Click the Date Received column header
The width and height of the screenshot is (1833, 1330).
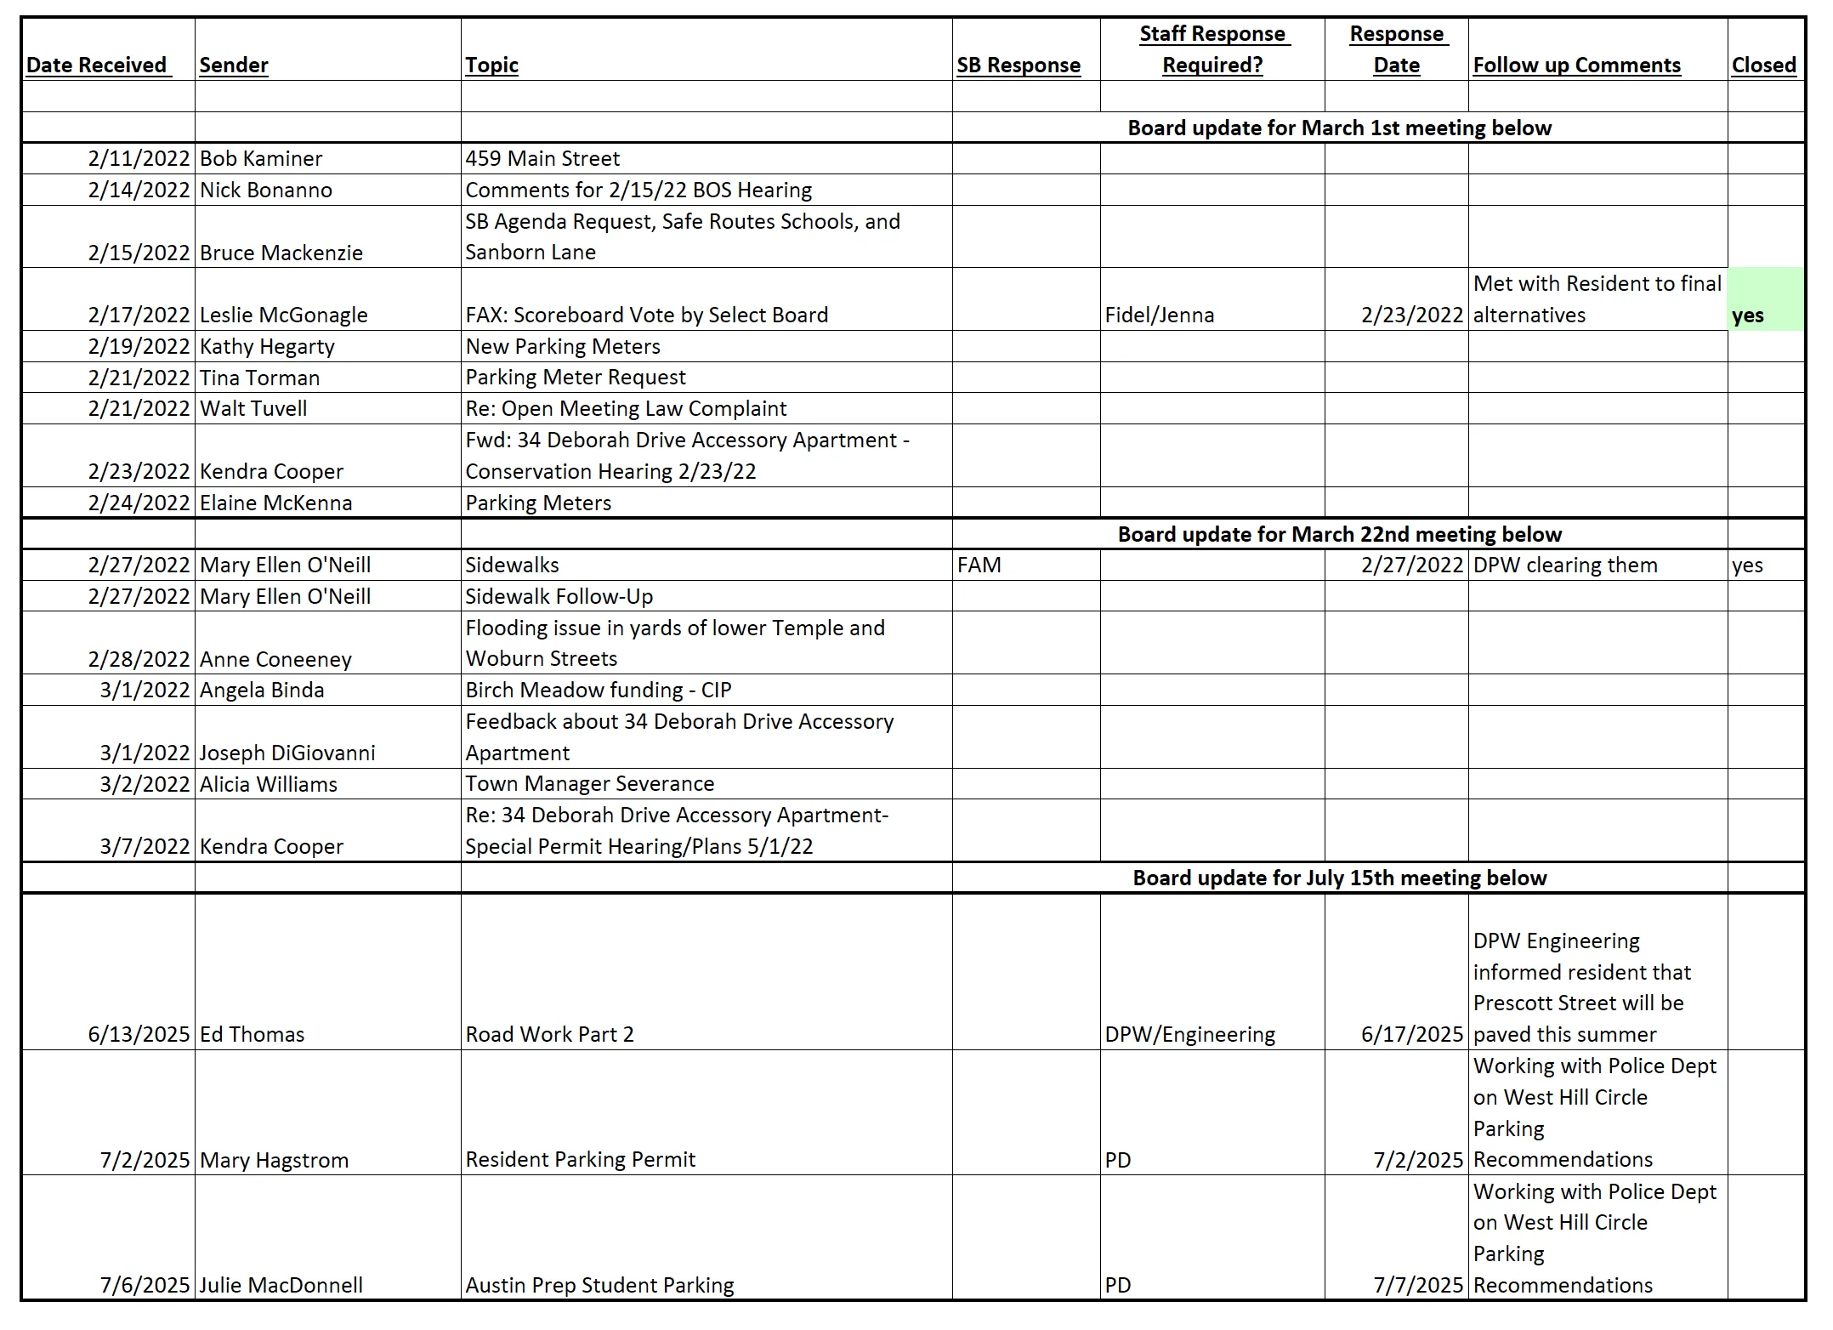97,65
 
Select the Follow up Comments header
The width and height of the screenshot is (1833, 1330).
1576,65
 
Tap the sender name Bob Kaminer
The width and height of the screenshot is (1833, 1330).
261,158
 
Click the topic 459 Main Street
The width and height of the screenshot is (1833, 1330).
542,158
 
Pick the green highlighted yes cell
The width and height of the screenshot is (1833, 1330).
1765,299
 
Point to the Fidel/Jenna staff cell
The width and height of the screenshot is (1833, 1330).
1159,315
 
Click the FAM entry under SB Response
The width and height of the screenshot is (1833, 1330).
979,565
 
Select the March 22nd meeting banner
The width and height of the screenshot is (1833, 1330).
1339,534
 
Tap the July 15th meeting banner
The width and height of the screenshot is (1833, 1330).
1339,878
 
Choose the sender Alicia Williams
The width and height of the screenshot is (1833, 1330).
268,784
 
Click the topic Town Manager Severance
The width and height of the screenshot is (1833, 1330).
589,783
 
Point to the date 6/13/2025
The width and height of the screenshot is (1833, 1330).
139,1034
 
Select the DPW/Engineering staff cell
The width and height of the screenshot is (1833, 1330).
1189,1034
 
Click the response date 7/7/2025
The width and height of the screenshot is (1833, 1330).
1418,1285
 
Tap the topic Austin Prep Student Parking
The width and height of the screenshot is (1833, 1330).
599,1285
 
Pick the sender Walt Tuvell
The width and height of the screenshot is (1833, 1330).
253,408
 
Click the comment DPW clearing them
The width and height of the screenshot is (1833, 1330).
1564,565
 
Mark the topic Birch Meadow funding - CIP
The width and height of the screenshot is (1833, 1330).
598,690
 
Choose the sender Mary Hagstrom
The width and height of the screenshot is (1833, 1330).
274,1160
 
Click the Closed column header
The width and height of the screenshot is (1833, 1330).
1763,65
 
